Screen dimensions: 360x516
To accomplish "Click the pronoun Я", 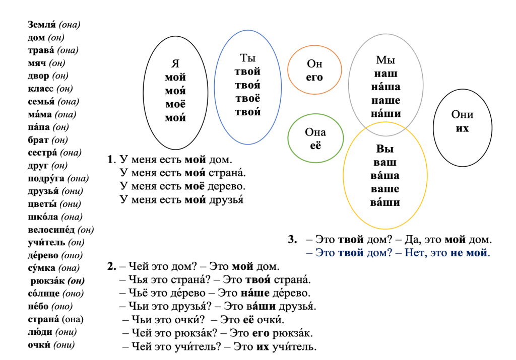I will pyautogui.click(x=175, y=64).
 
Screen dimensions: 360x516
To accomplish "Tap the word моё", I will pyautogui.click(x=175, y=104).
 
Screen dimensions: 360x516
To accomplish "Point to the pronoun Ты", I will pyautogui.click(x=247, y=58).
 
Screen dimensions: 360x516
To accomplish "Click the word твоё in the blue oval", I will pyautogui.click(x=247, y=99).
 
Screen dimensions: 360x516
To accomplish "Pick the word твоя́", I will pyautogui.click(x=247, y=85).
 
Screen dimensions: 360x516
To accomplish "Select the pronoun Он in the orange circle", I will pyautogui.click(x=314, y=64).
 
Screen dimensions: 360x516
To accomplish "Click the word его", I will pyautogui.click(x=314, y=78).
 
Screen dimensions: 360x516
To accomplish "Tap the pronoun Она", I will pyautogui.click(x=315, y=132).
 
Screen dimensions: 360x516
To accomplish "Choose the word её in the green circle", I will pyautogui.click(x=315, y=146).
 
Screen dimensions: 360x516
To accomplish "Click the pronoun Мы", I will pyautogui.click(x=385, y=60).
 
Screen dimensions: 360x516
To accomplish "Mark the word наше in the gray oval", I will pyautogui.click(x=385, y=100).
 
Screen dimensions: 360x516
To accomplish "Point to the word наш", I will pyautogui.click(x=385, y=74).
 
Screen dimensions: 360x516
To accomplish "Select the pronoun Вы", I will pyautogui.click(x=385, y=149).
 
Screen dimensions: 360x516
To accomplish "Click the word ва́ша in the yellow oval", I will pyautogui.click(x=385, y=176).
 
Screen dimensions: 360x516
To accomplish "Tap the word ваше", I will pyautogui.click(x=385, y=189).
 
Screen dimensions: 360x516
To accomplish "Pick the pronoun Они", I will pyautogui.click(x=463, y=115).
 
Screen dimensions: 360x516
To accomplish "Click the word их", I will pyautogui.click(x=463, y=128).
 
